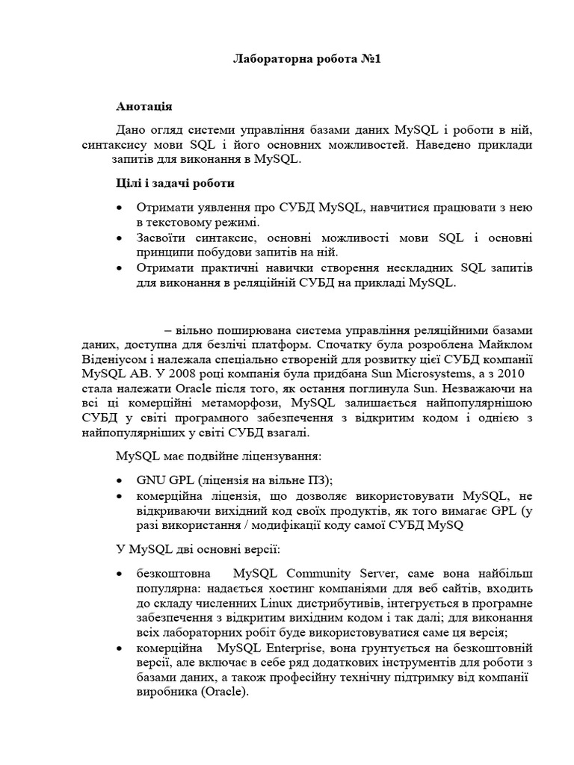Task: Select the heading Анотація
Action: tap(145, 107)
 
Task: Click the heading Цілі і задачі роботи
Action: tap(176, 182)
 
